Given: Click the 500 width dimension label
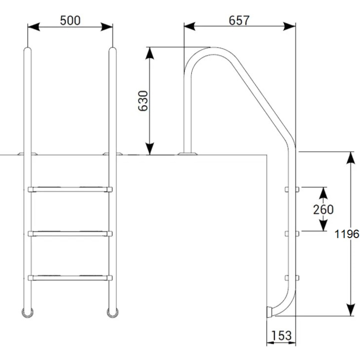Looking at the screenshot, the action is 70,20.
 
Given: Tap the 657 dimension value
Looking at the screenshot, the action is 239,20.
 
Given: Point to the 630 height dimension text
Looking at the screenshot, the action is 143,101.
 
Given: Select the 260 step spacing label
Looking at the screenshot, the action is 323,209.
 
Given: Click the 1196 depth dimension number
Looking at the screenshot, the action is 347,234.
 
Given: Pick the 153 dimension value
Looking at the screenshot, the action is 281,335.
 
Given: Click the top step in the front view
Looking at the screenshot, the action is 70,189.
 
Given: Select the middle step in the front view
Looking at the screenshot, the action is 70,234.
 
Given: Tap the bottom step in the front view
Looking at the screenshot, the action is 70,278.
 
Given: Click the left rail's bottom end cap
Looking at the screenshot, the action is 28,313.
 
